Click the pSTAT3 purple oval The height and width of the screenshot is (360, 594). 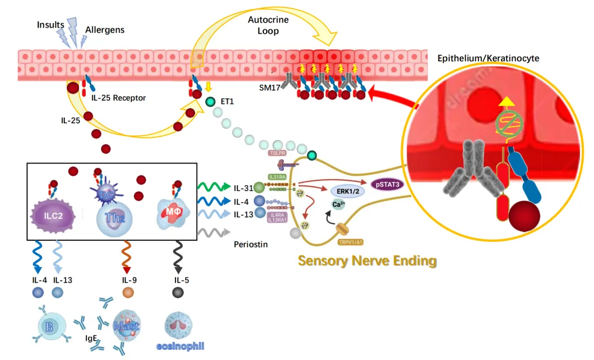[x=388, y=185]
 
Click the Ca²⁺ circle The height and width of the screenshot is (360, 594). [x=339, y=205]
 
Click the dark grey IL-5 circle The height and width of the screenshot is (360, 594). [x=179, y=293]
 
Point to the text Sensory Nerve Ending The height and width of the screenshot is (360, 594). [x=367, y=261]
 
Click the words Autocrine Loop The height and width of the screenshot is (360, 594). [x=268, y=25]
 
